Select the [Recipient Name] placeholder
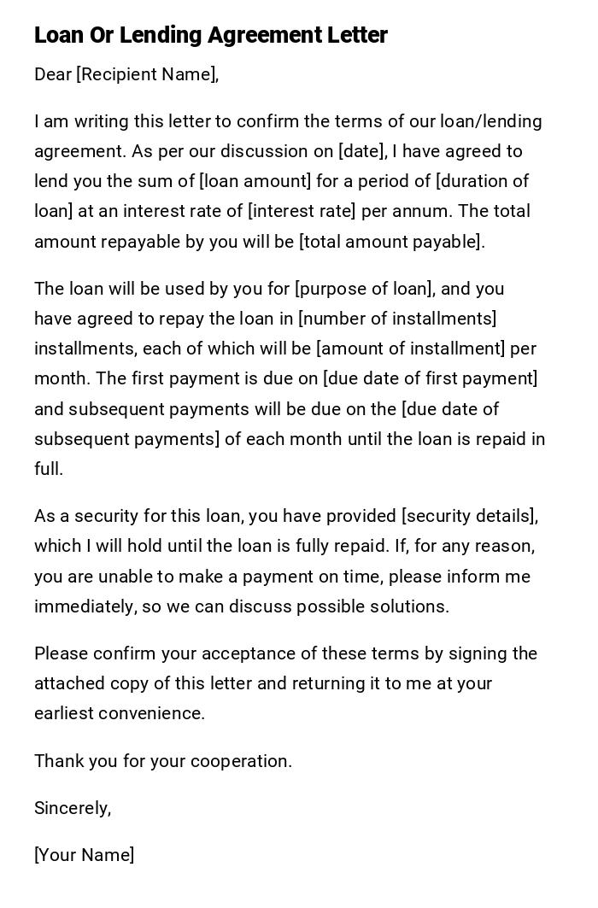[147, 74]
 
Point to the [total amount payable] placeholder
[391, 242]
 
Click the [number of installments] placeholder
[397, 319]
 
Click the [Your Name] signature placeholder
[85, 855]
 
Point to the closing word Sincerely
[73, 808]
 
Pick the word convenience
[155, 713]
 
